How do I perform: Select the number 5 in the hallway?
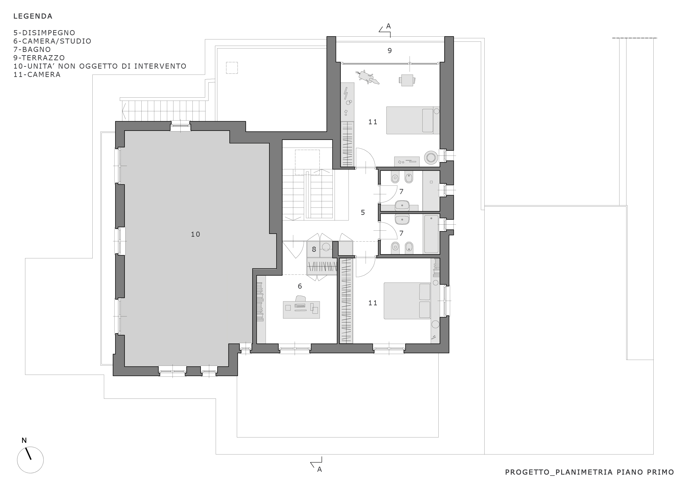363,212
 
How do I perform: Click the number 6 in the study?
300,286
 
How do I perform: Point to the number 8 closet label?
314,249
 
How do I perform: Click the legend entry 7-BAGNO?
32,49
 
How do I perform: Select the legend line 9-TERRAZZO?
39,58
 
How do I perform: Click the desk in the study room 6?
301,309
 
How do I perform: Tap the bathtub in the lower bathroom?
431,234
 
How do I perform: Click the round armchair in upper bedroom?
431,157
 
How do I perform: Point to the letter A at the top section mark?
388,26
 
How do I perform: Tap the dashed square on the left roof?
232,68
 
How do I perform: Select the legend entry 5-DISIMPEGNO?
44,32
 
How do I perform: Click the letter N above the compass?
24,440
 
